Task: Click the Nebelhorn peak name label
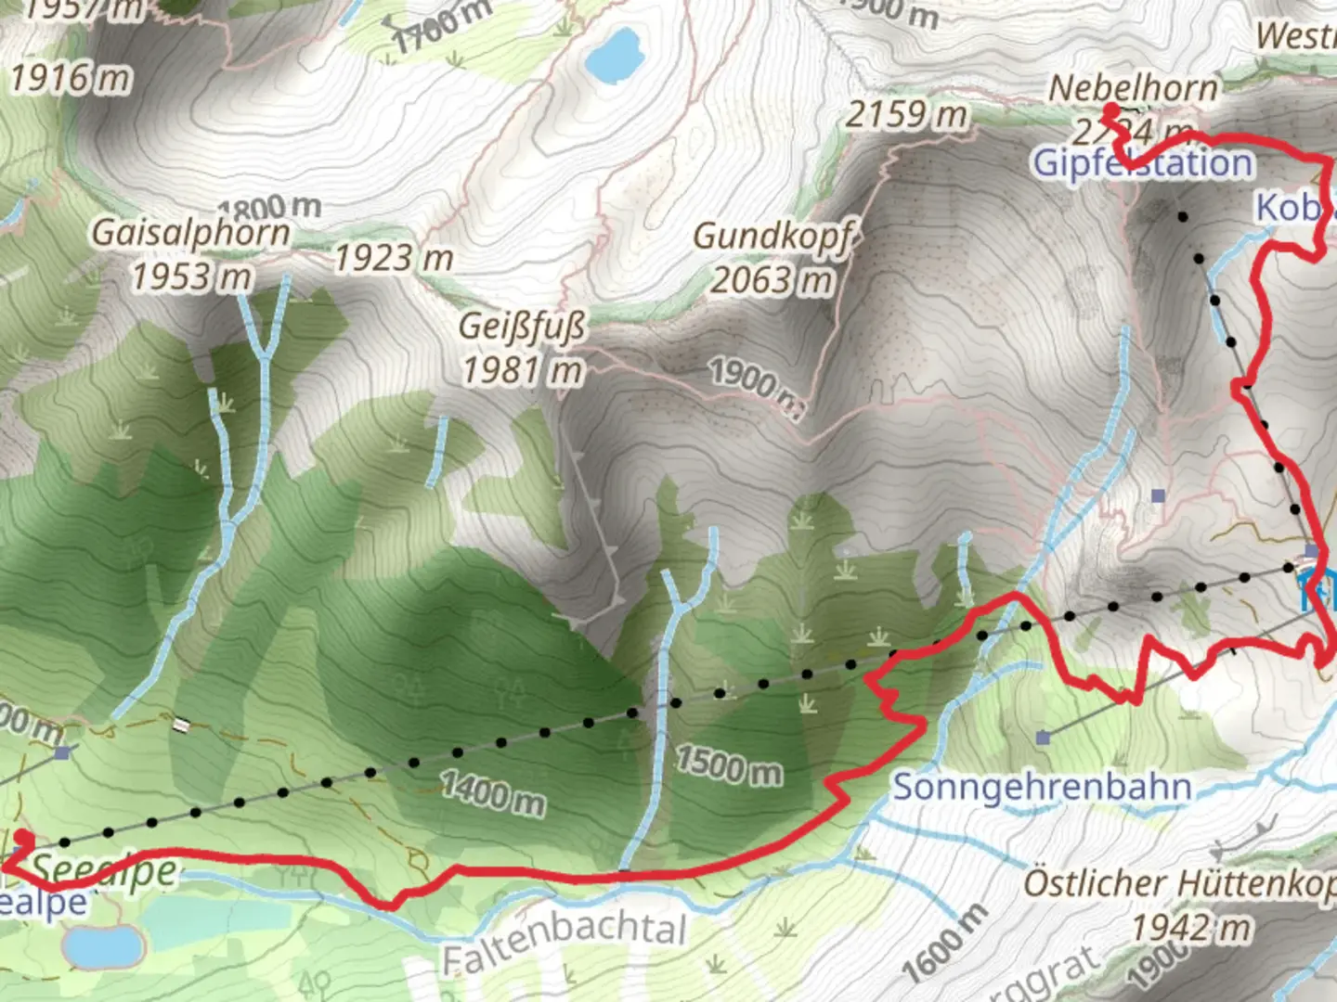[x=1133, y=88]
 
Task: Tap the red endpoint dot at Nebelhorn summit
[x=1110, y=110]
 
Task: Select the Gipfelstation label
[x=1143, y=164]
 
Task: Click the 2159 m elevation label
[x=905, y=115]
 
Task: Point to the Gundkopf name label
[x=772, y=237]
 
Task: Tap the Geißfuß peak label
[x=522, y=327]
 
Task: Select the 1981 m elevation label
[x=522, y=371]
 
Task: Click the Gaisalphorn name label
[x=190, y=233]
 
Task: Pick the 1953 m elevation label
[x=190, y=276]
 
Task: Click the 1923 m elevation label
[x=393, y=259]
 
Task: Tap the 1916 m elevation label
[x=71, y=79]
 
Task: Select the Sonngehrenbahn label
[x=1042, y=787]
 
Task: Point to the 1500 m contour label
[x=728, y=764]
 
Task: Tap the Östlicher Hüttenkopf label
[x=1179, y=883]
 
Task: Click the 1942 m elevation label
[x=1190, y=927]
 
